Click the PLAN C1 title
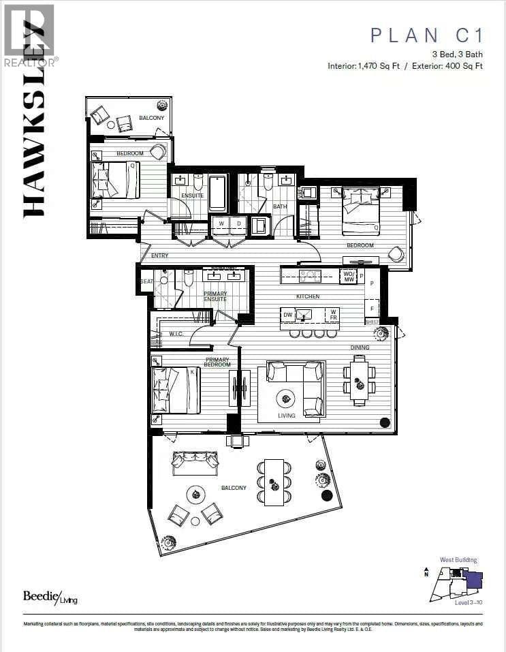pos(426,35)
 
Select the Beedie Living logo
pos(50,596)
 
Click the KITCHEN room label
pos(308,297)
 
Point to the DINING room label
pos(360,347)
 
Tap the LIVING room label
pos(286,415)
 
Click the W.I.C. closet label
pos(176,334)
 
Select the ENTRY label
pos(159,255)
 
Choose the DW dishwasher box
pos(288,315)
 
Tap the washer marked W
pos(221,223)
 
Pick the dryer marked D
pos(238,223)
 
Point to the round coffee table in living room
pos(285,398)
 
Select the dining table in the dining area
pos(359,380)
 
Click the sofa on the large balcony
pos(195,464)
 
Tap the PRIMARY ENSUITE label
pos(216,296)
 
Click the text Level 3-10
pos(469,602)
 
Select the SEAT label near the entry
pos(146,281)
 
